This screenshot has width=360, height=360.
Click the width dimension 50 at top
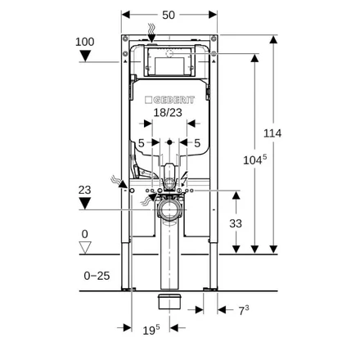pos(169,15)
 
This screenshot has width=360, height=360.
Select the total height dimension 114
pos(272,133)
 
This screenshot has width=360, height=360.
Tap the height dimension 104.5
pos(254,160)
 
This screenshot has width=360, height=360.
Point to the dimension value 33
pos(236,223)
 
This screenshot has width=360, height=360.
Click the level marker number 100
pos(85,42)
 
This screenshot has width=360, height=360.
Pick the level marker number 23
pos(84,190)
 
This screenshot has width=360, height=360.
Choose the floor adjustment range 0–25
pos(97,276)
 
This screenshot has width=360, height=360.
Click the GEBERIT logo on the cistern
pos(169,100)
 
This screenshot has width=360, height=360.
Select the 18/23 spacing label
pos(168,112)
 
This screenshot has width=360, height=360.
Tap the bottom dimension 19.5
pos(151,330)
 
